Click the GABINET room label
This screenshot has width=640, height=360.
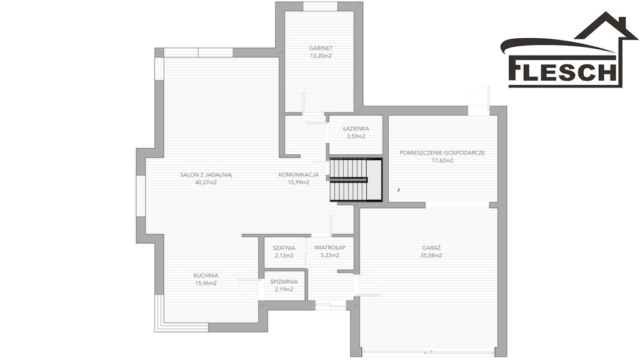pyautogui.click(x=321, y=48)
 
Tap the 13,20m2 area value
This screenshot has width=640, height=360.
pyautogui.click(x=321, y=56)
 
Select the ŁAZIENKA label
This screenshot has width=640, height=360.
pyautogui.click(x=356, y=129)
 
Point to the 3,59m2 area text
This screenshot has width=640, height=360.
pyautogui.click(x=356, y=136)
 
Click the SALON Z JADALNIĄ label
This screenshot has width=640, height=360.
pyautogui.click(x=206, y=175)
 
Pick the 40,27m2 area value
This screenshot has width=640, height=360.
pyautogui.click(x=206, y=182)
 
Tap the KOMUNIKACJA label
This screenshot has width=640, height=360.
pyautogui.click(x=298, y=175)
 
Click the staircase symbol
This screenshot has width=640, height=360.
pyautogui.click(x=356, y=180)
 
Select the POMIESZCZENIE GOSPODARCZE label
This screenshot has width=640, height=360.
pyautogui.click(x=442, y=152)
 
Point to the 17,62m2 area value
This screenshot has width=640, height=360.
pyautogui.click(x=442, y=161)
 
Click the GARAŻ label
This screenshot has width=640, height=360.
pyautogui.click(x=431, y=247)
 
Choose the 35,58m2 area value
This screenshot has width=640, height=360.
pyautogui.click(x=431, y=256)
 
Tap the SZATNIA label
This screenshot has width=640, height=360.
pyautogui.click(x=284, y=247)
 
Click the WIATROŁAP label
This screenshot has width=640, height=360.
pyautogui.click(x=330, y=247)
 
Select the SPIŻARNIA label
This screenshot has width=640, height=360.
pyautogui.click(x=284, y=282)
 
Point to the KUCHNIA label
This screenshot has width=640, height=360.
pyautogui.click(x=206, y=276)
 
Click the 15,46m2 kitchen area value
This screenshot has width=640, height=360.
pyautogui.click(x=206, y=283)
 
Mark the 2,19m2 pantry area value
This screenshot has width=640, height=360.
pyautogui.click(x=284, y=289)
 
